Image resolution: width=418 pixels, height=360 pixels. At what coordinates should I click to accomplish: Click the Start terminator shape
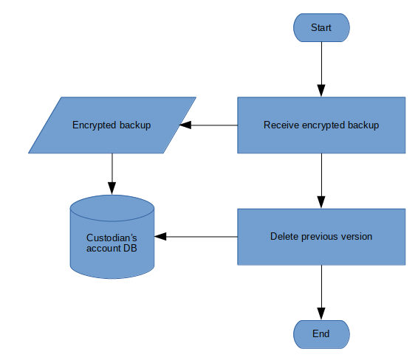click(x=321, y=28)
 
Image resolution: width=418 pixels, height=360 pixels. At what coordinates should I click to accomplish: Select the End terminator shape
click(x=321, y=334)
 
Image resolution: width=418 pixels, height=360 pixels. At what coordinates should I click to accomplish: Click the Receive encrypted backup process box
click(x=321, y=125)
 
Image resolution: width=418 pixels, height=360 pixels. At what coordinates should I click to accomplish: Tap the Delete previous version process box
click(x=321, y=237)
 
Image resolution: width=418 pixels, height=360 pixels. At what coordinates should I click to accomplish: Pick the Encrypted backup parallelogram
click(x=112, y=125)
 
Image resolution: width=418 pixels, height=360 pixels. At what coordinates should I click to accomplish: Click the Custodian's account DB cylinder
click(x=112, y=237)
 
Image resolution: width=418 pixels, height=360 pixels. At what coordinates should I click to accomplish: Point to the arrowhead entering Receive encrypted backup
click(x=321, y=91)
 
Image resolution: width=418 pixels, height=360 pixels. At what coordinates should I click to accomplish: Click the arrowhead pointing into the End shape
click(x=321, y=314)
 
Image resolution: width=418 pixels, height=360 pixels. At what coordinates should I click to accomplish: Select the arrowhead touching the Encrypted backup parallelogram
click(x=185, y=125)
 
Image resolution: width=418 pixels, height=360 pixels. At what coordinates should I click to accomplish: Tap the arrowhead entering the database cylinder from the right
click(x=160, y=237)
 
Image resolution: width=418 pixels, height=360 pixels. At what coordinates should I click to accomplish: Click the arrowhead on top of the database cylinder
click(x=112, y=189)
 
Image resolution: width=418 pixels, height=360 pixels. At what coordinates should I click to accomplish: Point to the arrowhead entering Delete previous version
click(x=321, y=202)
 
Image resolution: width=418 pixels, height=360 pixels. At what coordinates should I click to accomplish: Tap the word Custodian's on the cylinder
click(x=112, y=238)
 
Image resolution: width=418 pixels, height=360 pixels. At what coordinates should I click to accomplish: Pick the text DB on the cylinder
click(x=131, y=248)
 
